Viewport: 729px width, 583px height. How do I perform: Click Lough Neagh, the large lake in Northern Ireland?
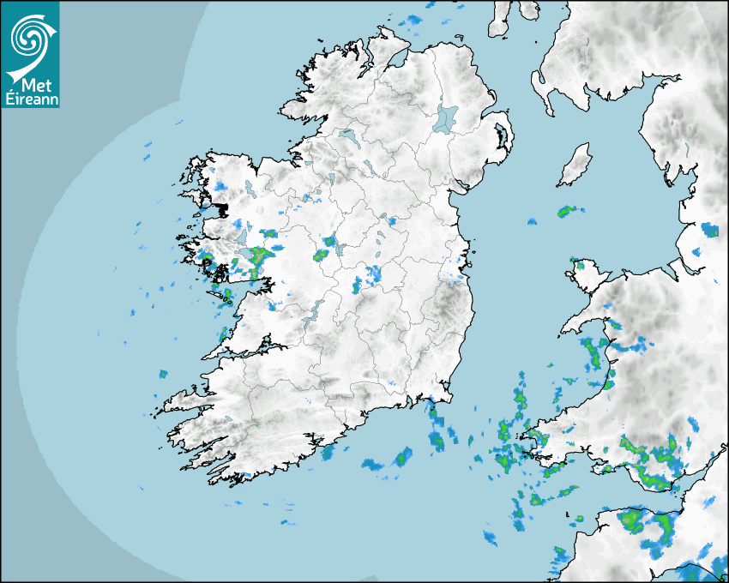(x=446, y=117)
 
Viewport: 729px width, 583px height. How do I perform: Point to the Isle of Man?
(x=575, y=165)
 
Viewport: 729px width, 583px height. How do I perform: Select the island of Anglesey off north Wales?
(x=588, y=277)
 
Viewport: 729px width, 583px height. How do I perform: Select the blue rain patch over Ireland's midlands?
(x=373, y=275)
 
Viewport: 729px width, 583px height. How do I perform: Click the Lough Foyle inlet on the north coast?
(x=395, y=60)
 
